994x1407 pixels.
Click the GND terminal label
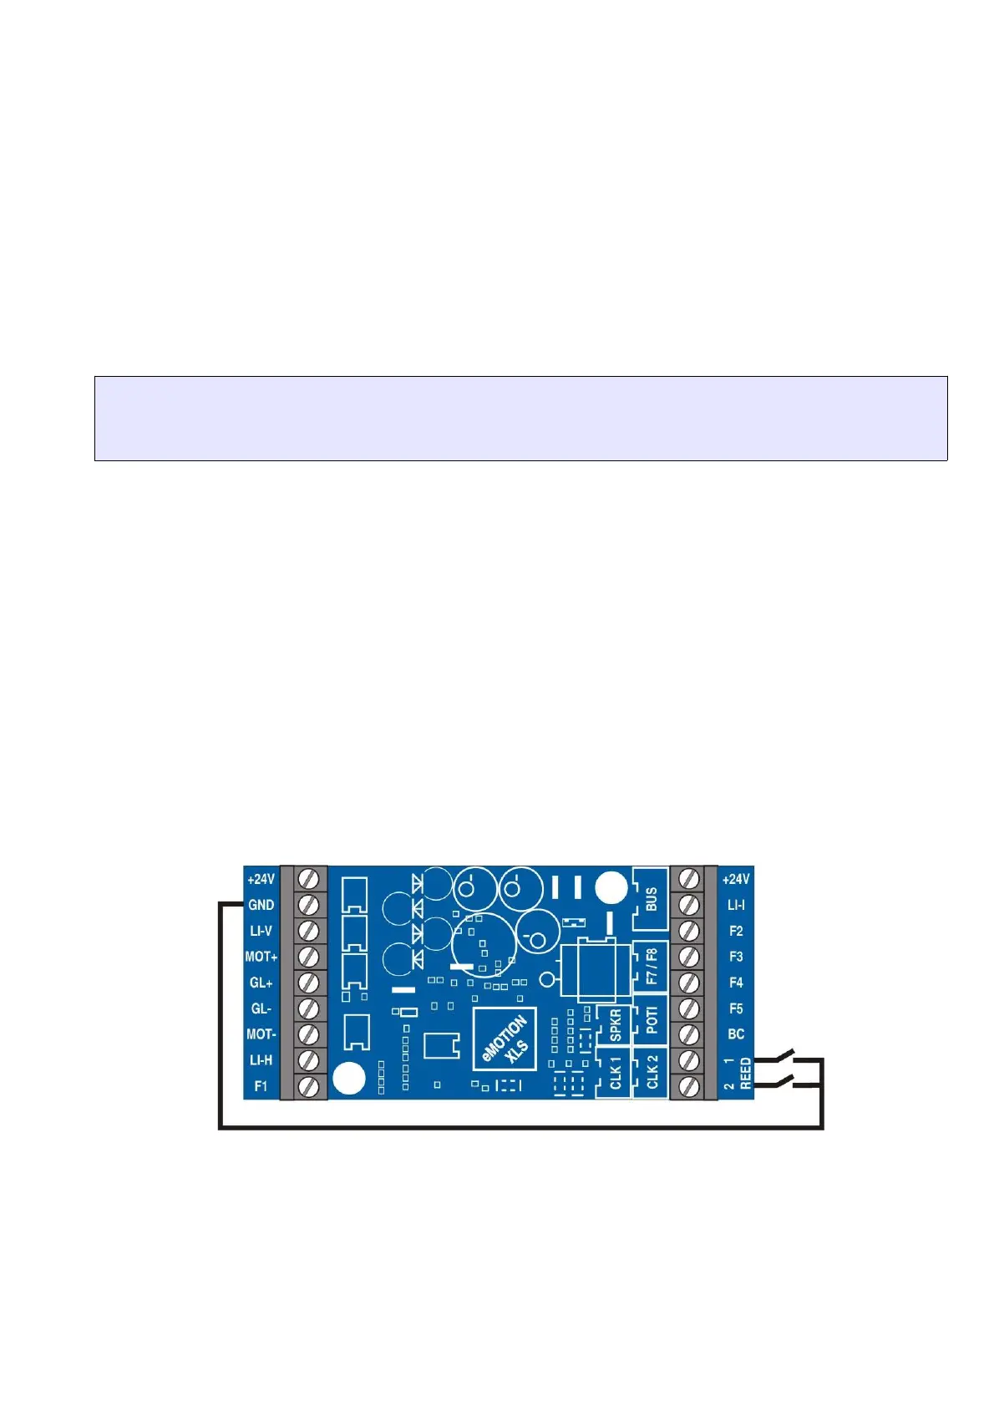tap(261, 905)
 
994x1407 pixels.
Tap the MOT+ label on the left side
tap(261, 957)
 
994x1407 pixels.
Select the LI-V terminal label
tap(261, 931)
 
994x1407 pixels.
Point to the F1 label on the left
tap(261, 1086)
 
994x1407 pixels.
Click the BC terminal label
tap(735, 1034)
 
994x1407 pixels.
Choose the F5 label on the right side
tap(735, 1008)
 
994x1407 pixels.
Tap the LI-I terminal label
tap(735, 905)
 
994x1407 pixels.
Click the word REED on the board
tap(746, 1074)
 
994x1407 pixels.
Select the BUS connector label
tap(652, 899)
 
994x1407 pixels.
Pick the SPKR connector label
tap(616, 1025)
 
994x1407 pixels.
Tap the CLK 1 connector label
tap(616, 1073)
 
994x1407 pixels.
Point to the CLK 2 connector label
tap(652, 1072)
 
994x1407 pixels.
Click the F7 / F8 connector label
tap(652, 966)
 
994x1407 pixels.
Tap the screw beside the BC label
tap(690, 1034)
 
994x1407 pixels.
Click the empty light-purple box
tap(520, 419)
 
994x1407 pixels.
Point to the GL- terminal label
tap(261, 1008)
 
